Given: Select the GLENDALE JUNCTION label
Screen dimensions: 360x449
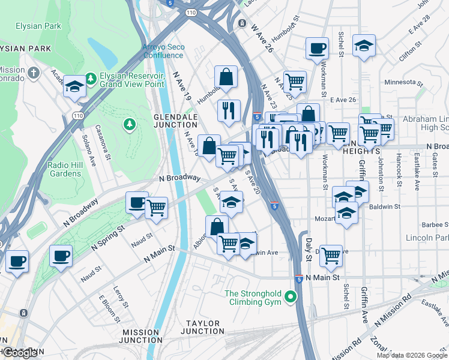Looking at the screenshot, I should [x=175, y=121].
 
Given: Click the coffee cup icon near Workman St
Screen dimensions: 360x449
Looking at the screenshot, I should [x=317, y=48].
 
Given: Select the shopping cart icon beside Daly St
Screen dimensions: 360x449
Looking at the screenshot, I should [x=331, y=254].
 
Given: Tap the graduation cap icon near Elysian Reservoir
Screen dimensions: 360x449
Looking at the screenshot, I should [x=74, y=86].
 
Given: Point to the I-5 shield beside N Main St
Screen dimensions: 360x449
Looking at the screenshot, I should [x=298, y=279].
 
